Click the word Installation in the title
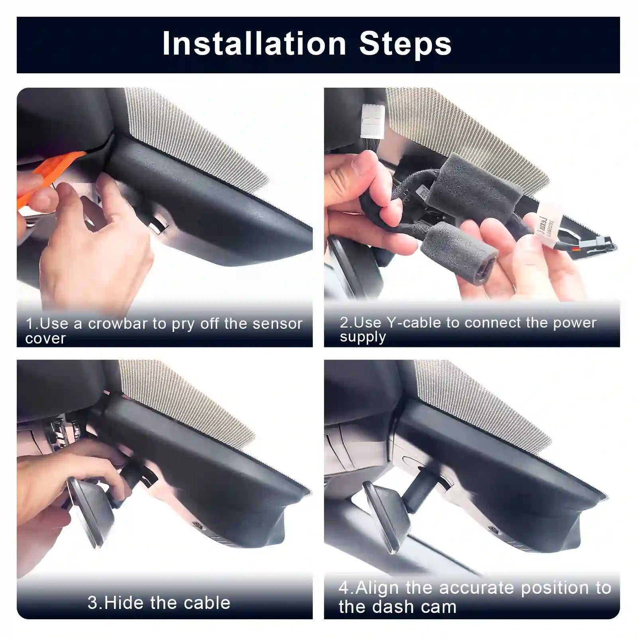click(254, 44)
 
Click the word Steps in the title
click(405, 44)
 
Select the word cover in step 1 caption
click(45, 339)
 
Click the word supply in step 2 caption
click(363, 337)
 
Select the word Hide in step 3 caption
click(123, 603)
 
